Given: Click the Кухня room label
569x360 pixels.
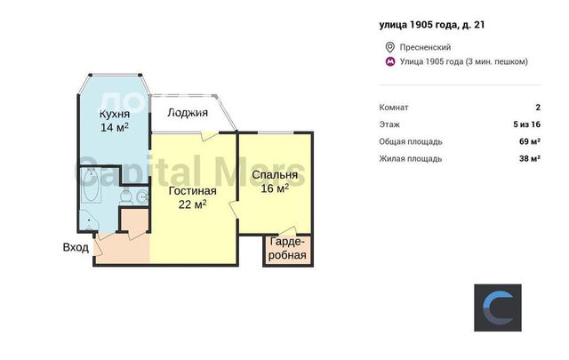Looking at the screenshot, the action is [x=115, y=114].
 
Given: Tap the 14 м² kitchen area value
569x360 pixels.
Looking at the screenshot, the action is [x=115, y=127].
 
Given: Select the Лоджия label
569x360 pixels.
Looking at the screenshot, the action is [x=188, y=113].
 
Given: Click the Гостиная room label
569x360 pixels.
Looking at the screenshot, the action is [x=192, y=191].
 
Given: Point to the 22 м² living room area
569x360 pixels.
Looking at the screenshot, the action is [x=192, y=204].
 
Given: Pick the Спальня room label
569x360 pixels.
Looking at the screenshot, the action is [x=275, y=175].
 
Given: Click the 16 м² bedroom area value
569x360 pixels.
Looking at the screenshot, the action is [x=275, y=188].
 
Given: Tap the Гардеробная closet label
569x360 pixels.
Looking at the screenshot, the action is [x=287, y=249].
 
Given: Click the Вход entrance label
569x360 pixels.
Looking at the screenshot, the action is [x=76, y=247].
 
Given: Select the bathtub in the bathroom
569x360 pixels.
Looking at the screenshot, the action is [x=91, y=186].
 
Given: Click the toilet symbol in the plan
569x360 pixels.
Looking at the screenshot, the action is [x=126, y=196].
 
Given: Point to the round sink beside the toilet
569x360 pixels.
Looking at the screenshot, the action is [x=142, y=197].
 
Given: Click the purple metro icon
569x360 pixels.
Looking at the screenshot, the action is [x=390, y=61].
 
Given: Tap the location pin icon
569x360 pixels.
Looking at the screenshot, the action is [x=389, y=47].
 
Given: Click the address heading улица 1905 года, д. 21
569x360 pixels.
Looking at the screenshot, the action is [x=432, y=25].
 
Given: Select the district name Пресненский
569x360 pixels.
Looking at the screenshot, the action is [x=425, y=47].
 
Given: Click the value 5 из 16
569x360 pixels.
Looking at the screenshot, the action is [x=527, y=124].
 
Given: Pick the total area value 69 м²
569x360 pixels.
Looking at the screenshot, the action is [x=530, y=141].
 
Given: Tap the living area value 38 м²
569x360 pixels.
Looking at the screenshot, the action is [x=530, y=158].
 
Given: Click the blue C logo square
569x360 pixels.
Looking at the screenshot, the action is [x=498, y=308].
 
